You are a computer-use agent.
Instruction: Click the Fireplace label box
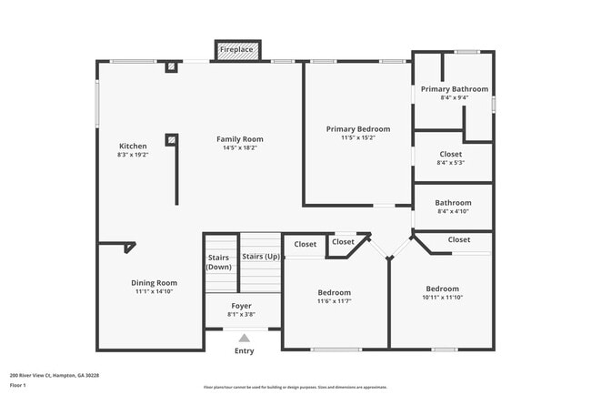[x=237, y=49]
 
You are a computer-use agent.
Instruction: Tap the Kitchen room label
[x=133, y=147]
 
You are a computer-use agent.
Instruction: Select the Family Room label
[x=240, y=139]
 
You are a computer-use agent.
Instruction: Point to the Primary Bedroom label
[x=358, y=129]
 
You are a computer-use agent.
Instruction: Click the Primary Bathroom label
[x=454, y=89]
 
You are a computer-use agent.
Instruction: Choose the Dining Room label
[x=154, y=283]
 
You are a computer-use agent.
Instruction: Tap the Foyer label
[x=241, y=306]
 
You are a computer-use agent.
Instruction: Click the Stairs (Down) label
[x=219, y=262]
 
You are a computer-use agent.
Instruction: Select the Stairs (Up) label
[x=261, y=257]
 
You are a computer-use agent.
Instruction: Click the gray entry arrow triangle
[x=244, y=338]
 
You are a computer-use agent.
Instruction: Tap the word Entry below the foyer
[x=245, y=351]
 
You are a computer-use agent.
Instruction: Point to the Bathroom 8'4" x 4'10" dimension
[x=453, y=212]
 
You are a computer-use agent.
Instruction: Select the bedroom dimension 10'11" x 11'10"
[x=443, y=298]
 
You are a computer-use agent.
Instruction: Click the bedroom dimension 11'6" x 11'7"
[x=334, y=301]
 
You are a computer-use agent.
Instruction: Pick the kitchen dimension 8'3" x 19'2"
[x=133, y=156]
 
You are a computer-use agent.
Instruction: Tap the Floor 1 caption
[x=19, y=386]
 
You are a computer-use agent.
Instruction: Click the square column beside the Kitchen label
[x=171, y=140]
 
